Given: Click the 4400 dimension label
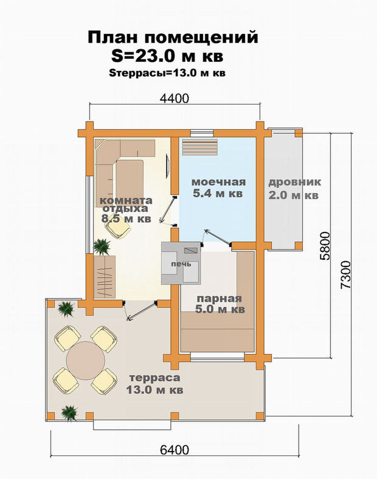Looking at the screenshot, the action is tap(175, 98).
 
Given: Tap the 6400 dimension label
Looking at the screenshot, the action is tap(175, 450).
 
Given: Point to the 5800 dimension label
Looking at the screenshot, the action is tap(325, 246).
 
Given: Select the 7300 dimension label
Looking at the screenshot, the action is tap(345, 274).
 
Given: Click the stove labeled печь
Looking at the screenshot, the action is tap(181, 263).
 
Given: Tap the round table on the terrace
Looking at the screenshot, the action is tap(86, 361).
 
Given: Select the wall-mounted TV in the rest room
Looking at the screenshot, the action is tap(167, 166).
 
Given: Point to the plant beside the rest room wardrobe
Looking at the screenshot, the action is tap(102, 247).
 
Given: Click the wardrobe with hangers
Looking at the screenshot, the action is tap(105, 277).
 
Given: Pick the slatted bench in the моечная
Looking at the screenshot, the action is tap(199, 148).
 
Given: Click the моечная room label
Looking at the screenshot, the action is tap(218, 188).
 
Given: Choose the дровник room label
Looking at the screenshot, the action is tap(294, 188).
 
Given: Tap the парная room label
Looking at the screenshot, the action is tap(220, 304).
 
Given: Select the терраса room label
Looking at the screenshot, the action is tap(155, 384).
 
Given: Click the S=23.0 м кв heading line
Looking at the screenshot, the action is tap(167, 56).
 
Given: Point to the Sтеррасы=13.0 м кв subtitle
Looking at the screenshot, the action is tap(167, 73).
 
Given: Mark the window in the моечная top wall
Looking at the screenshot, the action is tap(202, 133).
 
